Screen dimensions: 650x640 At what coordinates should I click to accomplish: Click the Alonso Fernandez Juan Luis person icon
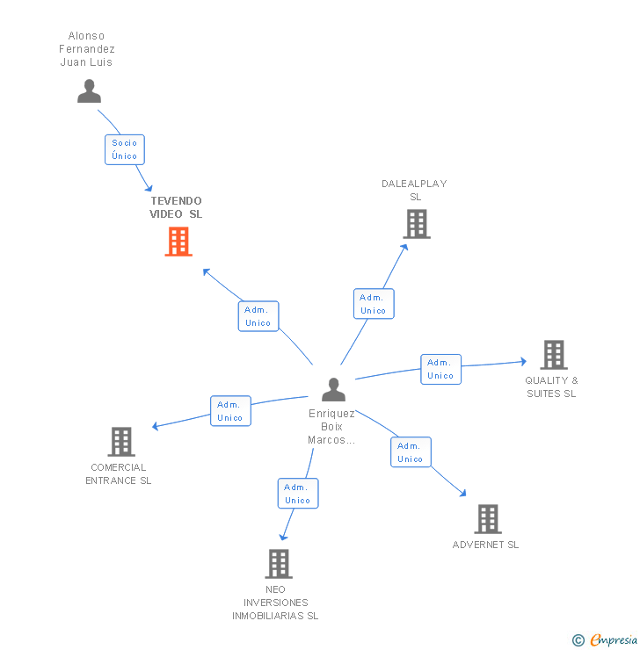click(x=89, y=90)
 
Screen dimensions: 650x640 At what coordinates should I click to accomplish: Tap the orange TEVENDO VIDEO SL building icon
click(x=178, y=242)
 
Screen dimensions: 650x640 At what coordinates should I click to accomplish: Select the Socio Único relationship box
click(x=124, y=149)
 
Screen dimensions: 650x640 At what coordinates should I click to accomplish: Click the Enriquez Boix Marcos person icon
click(x=333, y=388)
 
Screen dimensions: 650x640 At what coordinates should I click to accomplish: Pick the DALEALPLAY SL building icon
click(x=416, y=224)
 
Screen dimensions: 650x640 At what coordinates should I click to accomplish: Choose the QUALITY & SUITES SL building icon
click(x=553, y=355)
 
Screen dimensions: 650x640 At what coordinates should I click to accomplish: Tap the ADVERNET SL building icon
click(x=487, y=519)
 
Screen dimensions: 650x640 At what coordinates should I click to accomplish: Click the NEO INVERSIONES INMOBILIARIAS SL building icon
click(x=278, y=564)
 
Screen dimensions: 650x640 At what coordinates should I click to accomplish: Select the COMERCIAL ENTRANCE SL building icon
click(x=120, y=442)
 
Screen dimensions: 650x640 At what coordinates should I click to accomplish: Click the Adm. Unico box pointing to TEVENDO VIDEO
click(x=258, y=316)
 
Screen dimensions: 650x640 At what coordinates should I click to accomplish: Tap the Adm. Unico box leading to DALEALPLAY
click(x=373, y=304)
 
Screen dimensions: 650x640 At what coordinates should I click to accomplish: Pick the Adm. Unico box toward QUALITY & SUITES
click(x=440, y=369)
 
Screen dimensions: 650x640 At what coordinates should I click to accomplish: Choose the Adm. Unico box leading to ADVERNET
click(x=411, y=452)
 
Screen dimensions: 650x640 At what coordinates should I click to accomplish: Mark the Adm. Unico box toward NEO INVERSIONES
click(x=297, y=494)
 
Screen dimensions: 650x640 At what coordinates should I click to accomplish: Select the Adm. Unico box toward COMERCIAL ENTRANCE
click(x=230, y=411)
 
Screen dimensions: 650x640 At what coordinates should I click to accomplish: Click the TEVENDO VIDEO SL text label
click(x=176, y=207)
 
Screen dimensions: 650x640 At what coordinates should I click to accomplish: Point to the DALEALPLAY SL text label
click(x=414, y=190)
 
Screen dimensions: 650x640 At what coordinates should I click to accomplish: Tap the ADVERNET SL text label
click(x=485, y=545)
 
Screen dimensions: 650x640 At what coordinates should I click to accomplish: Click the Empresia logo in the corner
click(x=605, y=640)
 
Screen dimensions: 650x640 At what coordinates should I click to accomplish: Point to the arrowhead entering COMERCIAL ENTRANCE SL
click(x=156, y=427)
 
